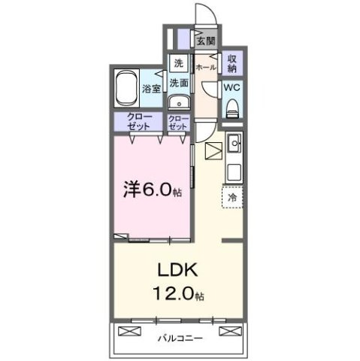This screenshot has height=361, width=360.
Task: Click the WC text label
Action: tap(232, 87)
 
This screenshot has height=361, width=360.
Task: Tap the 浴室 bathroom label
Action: tap(151, 89)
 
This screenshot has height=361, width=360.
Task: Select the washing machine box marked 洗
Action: tap(178, 63)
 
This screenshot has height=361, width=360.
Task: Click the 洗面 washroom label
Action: tap(178, 83)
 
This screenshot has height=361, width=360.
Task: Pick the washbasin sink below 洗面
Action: tap(178, 103)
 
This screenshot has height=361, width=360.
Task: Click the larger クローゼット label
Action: tap(138, 122)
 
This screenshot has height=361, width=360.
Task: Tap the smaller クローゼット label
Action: tap(178, 123)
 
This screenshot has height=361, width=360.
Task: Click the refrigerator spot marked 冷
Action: tap(232, 197)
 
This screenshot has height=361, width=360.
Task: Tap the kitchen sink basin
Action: tap(233, 140)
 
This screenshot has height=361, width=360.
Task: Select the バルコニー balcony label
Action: tap(180, 338)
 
